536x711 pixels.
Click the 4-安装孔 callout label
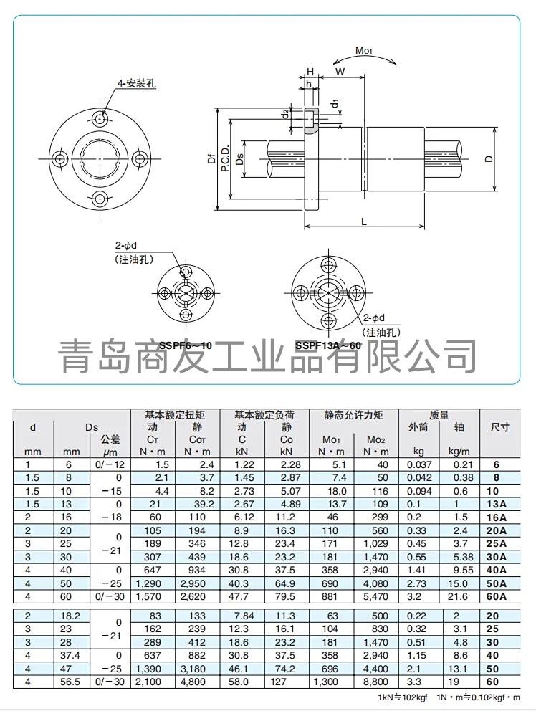coord(136,83)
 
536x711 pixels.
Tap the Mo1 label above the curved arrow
coord(363,50)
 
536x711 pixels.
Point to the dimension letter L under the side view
coord(364,221)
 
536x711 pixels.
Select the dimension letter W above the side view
coord(340,72)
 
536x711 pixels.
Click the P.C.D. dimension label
coord(226,158)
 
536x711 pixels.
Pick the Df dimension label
coord(211,158)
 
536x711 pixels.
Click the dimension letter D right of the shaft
coord(488,158)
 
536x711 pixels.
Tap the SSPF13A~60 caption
coord(328,345)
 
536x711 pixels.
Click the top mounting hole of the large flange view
coord(100,119)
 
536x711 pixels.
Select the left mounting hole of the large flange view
coord(59,158)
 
